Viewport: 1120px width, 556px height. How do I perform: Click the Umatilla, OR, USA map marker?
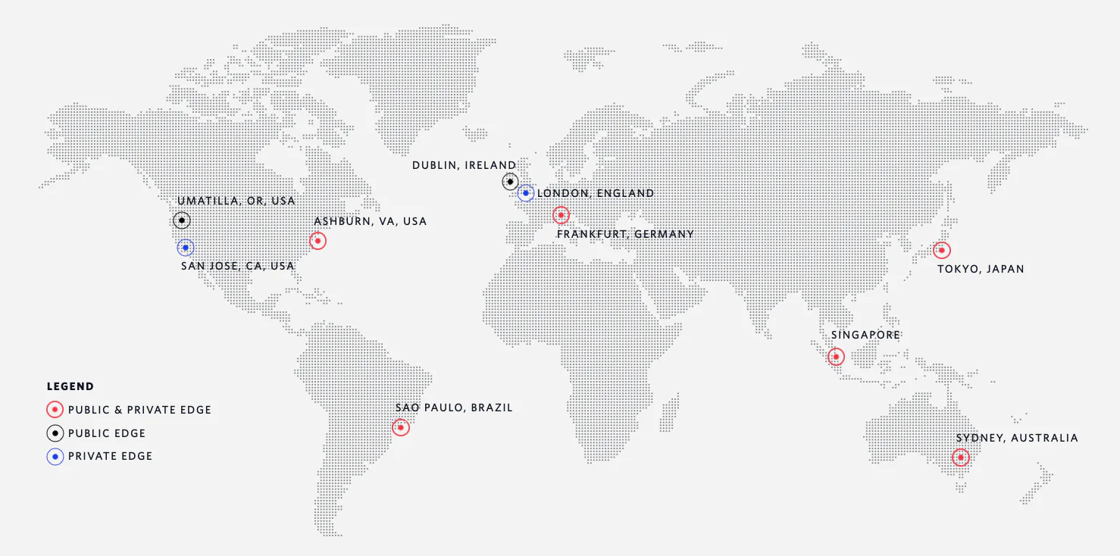tap(181, 220)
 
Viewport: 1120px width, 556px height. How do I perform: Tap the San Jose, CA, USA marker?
tap(186, 248)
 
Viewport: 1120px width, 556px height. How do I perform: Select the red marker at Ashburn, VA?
tap(318, 241)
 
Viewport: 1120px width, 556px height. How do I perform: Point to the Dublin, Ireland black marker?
tap(510, 182)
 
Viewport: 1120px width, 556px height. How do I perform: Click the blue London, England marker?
tap(526, 193)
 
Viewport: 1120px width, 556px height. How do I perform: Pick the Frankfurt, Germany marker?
tap(561, 215)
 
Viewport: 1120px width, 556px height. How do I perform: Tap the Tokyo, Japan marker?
tap(941, 250)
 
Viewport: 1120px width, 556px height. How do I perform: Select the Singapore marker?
tap(836, 357)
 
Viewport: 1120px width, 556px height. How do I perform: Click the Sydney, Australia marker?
tap(961, 458)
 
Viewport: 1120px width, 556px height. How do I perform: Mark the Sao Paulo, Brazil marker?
tap(401, 427)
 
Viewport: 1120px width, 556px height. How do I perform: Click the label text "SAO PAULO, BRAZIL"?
tap(454, 408)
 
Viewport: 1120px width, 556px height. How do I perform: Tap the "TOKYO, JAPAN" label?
tap(981, 269)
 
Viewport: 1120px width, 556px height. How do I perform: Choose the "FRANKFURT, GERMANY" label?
tap(625, 234)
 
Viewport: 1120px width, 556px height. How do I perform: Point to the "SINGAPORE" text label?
tap(865, 335)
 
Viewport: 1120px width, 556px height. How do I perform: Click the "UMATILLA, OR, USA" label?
tap(236, 201)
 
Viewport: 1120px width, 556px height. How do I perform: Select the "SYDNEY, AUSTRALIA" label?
tap(1017, 438)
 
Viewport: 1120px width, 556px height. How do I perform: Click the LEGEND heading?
tap(70, 386)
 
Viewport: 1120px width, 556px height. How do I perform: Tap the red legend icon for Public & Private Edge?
tap(55, 410)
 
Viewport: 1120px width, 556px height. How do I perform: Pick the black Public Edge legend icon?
tap(55, 433)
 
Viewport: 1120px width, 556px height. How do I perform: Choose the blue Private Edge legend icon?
tap(55, 456)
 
